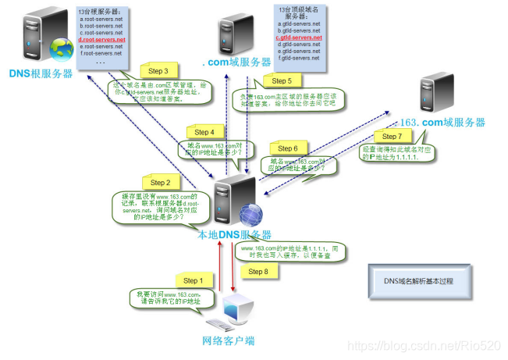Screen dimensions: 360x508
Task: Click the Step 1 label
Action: (191, 280)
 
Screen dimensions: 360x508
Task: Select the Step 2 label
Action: (160, 182)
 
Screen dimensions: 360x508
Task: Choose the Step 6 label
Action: (288, 148)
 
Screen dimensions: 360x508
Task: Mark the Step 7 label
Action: (393, 137)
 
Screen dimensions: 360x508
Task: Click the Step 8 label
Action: (257, 271)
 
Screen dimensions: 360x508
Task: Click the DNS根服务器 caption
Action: (41, 73)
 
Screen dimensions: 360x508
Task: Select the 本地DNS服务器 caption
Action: (234, 234)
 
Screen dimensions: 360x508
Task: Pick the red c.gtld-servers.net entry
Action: (299, 37)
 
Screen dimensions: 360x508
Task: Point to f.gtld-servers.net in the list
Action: (299, 58)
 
